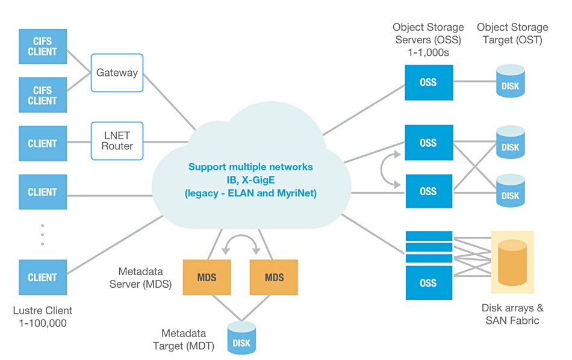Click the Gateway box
(x=117, y=73)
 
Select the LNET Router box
(x=117, y=141)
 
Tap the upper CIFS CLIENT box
(x=42, y=46)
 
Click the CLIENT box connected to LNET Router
(x=42, y=143)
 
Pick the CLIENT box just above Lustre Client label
(x=42, y=278)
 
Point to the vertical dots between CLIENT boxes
(x=42, y=235)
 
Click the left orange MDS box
(x=207, y=278)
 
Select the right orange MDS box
(x=274, y=278)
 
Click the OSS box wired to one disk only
(x=428, y=82)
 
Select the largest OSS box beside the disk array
(x=428, y=282)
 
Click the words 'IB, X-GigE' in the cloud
(x=250, y=180)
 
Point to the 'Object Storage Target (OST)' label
(x=512, y=34)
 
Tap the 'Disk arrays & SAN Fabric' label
(x=512, y=314)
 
